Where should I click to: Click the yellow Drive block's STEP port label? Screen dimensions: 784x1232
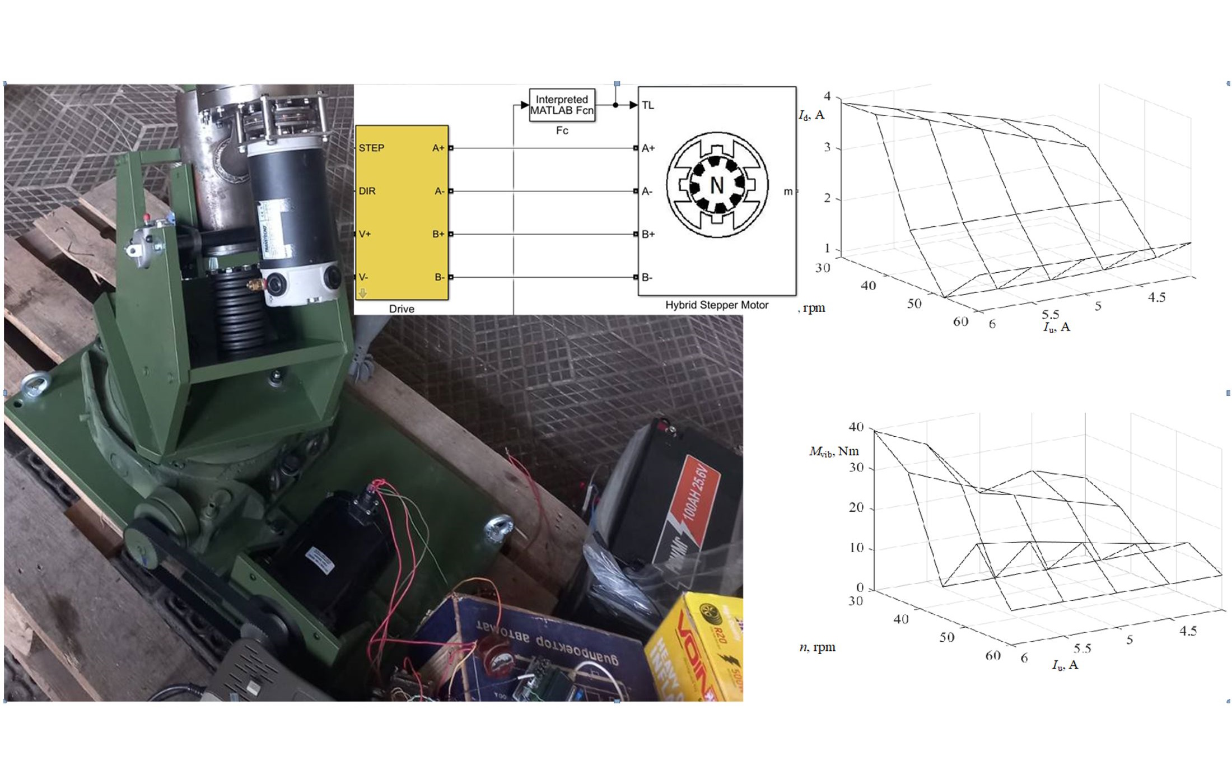click(x=371, y=148)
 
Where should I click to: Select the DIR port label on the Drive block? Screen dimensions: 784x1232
click(x=367, y=191)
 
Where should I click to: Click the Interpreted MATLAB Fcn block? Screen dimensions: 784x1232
click(x=562, y=105)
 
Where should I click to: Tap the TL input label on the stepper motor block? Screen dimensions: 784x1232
click(x=648, y=105)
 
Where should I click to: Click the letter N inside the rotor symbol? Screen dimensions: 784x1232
click(x=717, y=185)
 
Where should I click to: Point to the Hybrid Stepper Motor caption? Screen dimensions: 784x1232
click(x=716, y=305)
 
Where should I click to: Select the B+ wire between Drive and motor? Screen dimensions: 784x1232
click(x=543, y=234)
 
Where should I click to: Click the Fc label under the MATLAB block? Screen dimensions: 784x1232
click(x=562, y=130)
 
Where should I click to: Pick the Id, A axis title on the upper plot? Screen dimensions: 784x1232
click(x=811, y=115)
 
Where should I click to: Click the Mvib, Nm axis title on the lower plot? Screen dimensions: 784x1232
click(x=833, y=451)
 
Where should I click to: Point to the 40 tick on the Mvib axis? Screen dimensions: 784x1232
click(x=856, y=427)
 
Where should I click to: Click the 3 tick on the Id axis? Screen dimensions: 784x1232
click(x=827, y=148)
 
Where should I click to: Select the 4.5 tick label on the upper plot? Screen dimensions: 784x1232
click(x=1156, y=297)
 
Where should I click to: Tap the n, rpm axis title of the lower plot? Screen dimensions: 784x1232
click(x=817, y=647)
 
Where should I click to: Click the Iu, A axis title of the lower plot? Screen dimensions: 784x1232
click(x=1065, y=665)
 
